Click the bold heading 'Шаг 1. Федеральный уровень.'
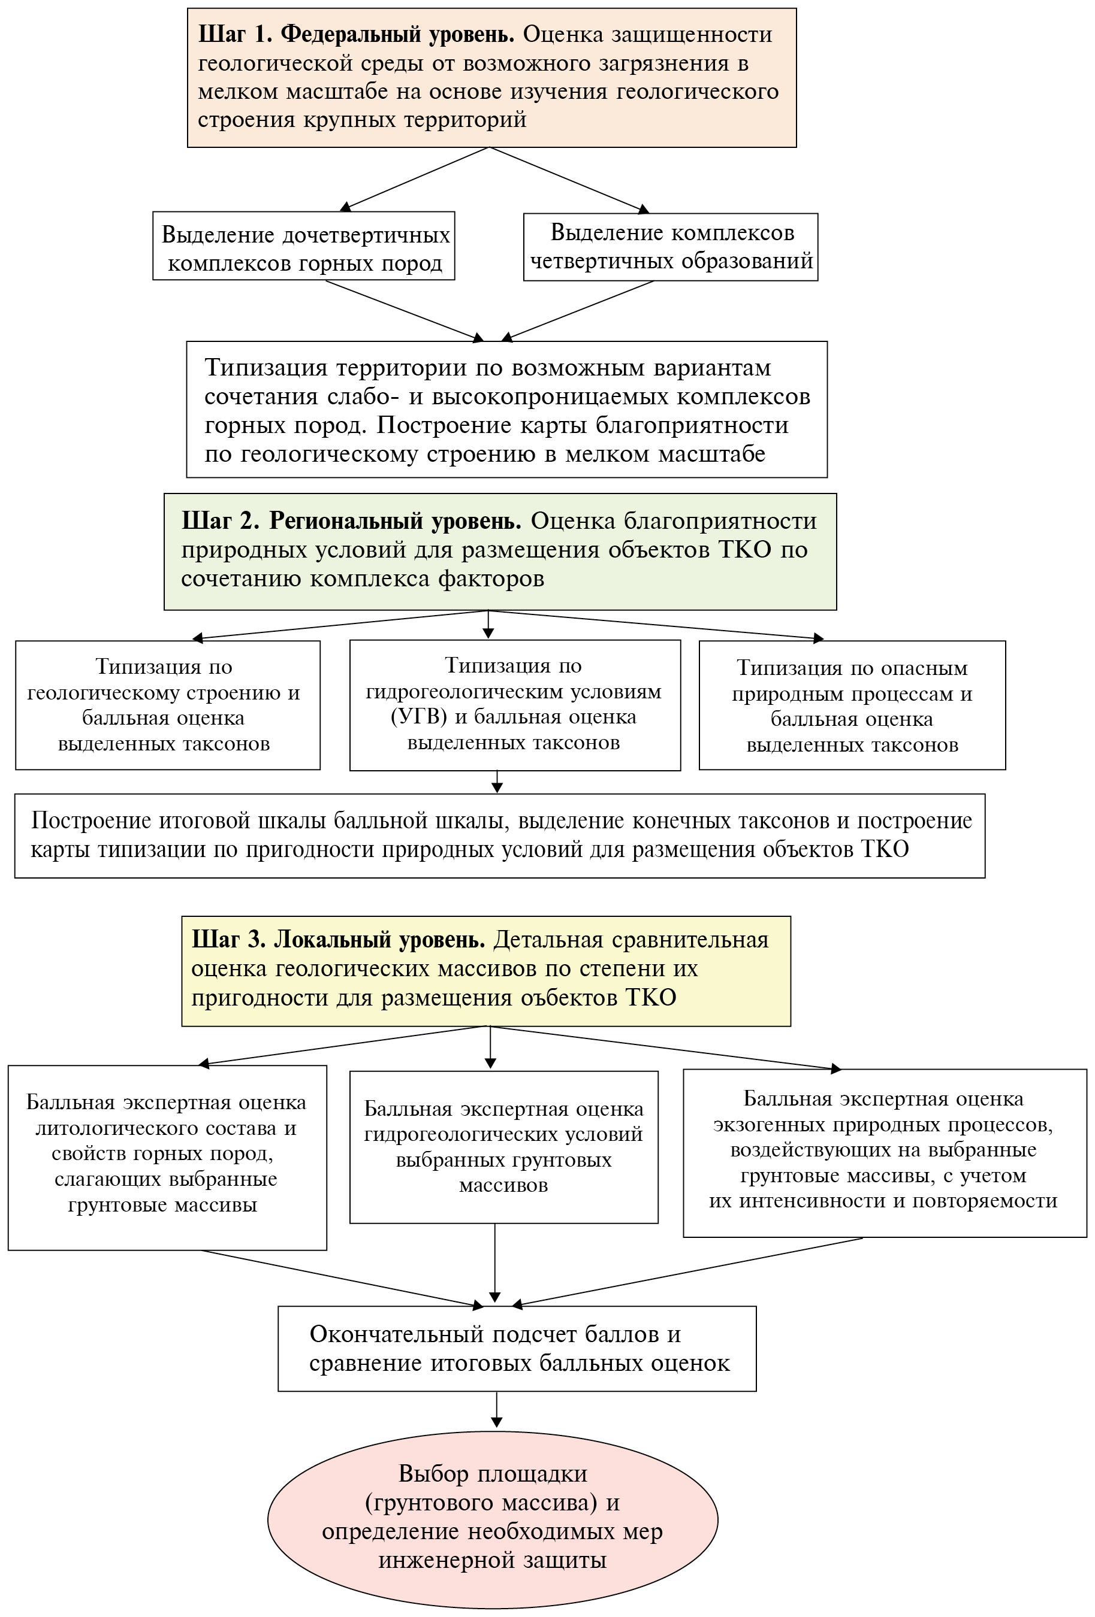click(x=356, y=34)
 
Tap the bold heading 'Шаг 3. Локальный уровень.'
click(x=338, y=940)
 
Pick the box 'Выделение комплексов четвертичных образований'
click(x=671, y=247)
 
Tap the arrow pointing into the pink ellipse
click(x=496, y=1411)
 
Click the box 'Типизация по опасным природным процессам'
click(x=852, y=705)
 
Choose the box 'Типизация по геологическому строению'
click(x=167, y=705)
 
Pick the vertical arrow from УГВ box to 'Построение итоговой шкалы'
click(x=496, y=782)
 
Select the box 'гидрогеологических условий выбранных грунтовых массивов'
click(x=503, y=1147)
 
